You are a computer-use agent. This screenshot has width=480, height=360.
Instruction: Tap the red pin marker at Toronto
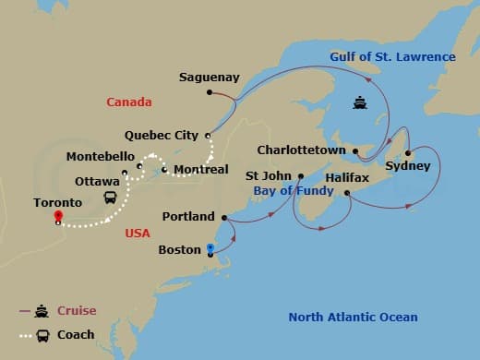click(x=57, y=217)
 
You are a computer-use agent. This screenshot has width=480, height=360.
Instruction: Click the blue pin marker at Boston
click(x=210, y=247)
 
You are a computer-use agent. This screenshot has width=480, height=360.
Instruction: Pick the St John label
click(x=268, y=174)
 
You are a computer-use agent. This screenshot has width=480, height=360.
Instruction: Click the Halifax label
click(x=347, y=177)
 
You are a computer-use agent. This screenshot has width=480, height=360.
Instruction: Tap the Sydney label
click(x=407, y=166)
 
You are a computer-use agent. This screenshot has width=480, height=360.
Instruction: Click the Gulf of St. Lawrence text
click(x=393, y=57)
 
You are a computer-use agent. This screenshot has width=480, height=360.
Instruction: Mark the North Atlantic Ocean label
click(x=353, y=318)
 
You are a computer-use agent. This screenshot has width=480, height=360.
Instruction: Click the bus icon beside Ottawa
click(x=110, y=198)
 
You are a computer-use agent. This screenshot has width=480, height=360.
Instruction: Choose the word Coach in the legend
click(x=76, y=334)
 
